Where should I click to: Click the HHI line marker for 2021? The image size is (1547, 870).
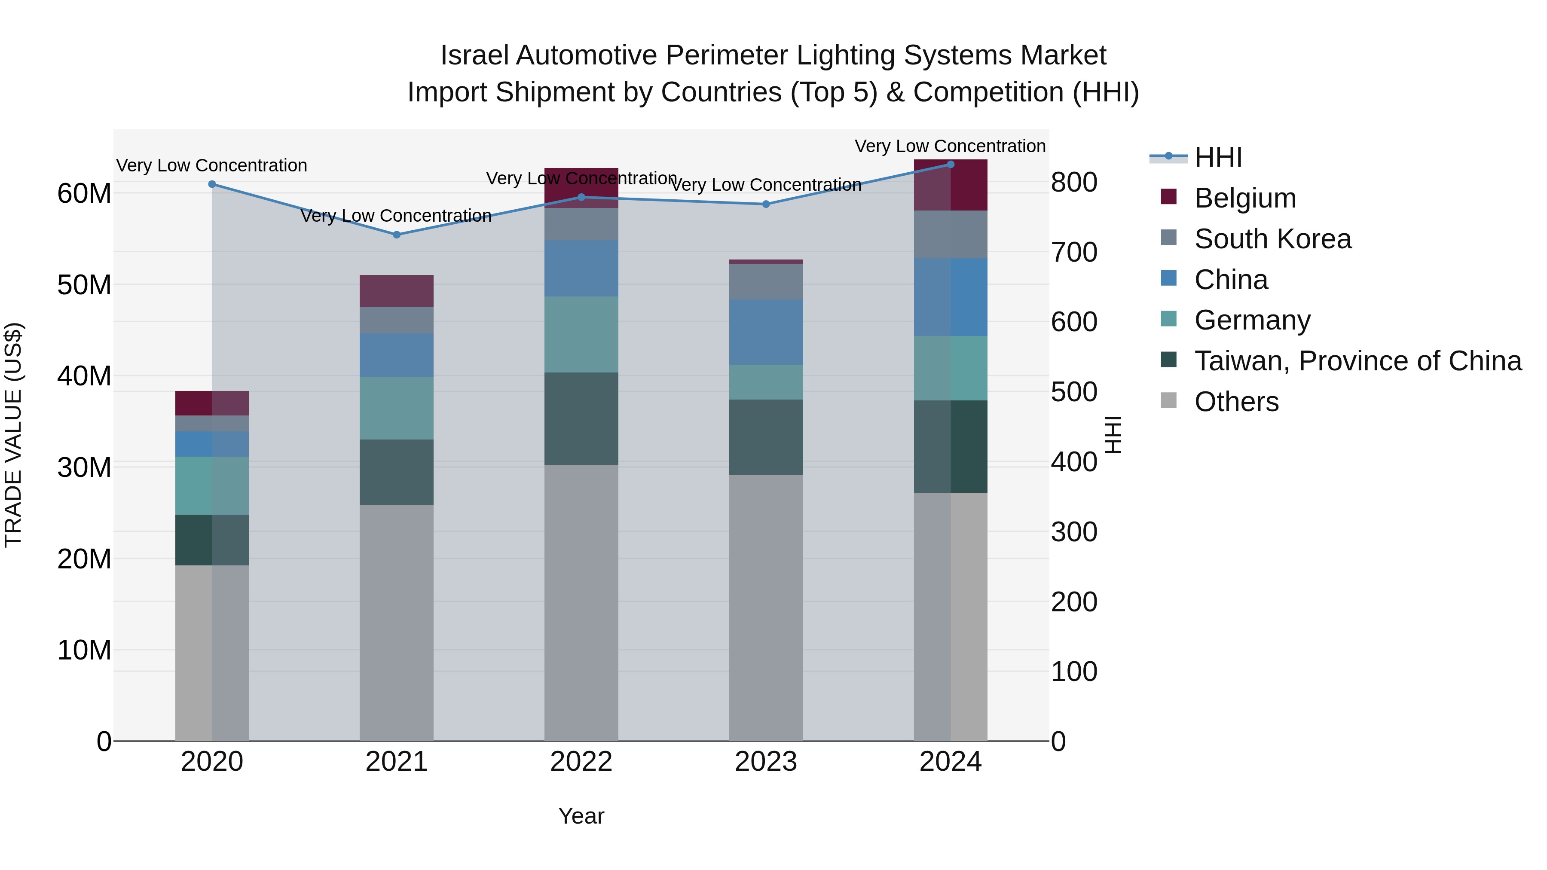tap(396, 235)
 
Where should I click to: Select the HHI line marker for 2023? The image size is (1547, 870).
tap(766, 204)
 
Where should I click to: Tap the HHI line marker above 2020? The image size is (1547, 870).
tap(212, 184)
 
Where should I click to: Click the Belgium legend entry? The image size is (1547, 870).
tap(1244, 198)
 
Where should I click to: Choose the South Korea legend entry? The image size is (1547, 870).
tap(1272, 239)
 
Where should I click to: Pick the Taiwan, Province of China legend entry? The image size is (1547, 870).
tap(1357, 361)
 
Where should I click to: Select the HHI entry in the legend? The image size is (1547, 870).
tap(1217, 157)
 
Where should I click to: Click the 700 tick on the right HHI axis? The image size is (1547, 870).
tap(1074, 252)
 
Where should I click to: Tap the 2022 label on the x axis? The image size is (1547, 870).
tap(581, 762)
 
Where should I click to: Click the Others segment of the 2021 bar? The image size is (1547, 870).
tap(396, 623)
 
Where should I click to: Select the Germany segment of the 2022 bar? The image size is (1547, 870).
tap(581, 334)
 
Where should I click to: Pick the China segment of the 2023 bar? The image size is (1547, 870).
tap(766, 332)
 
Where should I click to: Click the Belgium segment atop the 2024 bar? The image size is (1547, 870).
tap(951, 185)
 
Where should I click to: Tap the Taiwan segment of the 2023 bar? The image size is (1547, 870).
tap(766, 437)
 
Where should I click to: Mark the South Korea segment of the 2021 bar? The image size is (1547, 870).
tap(396, 320)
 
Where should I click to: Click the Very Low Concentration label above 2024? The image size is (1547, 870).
tap(950, 146)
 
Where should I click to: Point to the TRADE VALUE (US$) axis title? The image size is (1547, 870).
tap(13, 435)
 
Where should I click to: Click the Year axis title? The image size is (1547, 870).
tap(581, 816)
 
